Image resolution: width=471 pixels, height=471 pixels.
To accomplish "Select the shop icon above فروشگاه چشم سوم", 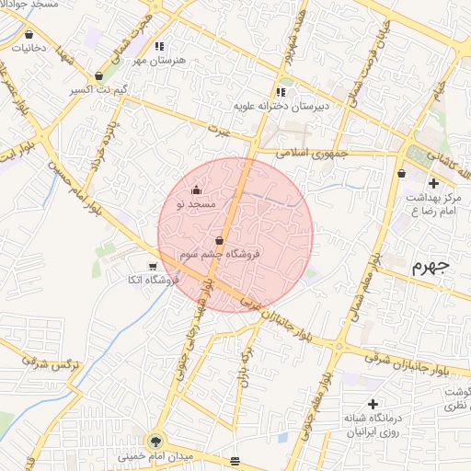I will point(218,240).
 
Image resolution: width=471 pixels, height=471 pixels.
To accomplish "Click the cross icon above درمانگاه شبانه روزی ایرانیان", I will point(373,404).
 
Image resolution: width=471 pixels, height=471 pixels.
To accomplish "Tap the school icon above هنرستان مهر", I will point(159,46).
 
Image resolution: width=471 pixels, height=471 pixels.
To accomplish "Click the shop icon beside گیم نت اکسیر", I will point(99,76).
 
